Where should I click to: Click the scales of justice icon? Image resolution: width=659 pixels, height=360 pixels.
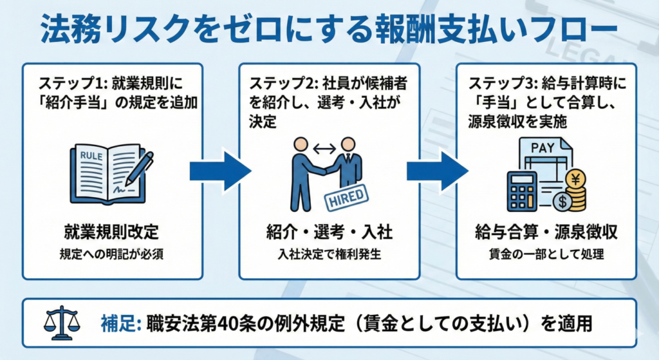[62, 322]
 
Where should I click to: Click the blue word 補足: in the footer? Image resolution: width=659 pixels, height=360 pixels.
[122, 323]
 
